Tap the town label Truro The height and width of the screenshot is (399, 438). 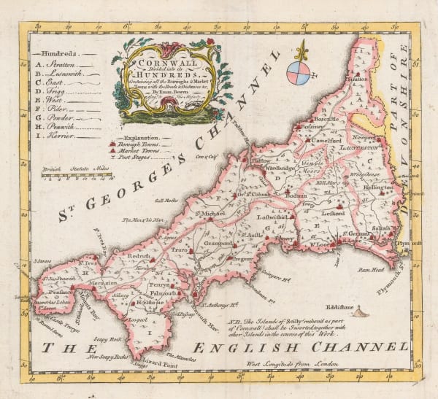pos(179,249)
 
